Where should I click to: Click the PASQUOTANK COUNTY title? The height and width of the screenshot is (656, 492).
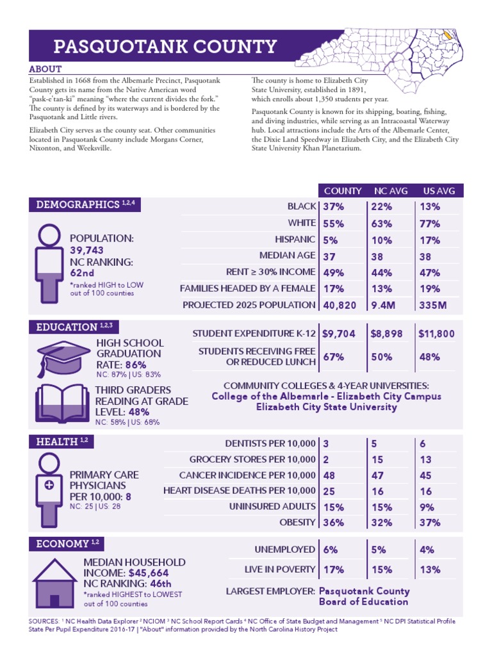(x=165, y=47)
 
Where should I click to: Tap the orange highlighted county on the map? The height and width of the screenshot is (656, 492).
(x=448, y=36)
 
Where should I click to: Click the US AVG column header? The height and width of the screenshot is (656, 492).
(x=439, y=191)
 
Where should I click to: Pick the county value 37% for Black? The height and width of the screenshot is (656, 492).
(x=334, y=206)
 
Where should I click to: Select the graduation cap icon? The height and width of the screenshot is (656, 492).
(x=59, y=356)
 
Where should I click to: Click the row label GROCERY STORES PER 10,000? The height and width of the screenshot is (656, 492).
(x=252, y=460)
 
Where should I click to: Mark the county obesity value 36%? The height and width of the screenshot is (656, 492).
(x=334, y=522)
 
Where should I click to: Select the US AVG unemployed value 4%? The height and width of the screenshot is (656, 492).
(x=427, y=550)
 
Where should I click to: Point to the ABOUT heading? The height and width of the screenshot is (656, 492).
(x=45, y=69)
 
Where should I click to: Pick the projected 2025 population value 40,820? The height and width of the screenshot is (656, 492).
(x=340, y=306)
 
